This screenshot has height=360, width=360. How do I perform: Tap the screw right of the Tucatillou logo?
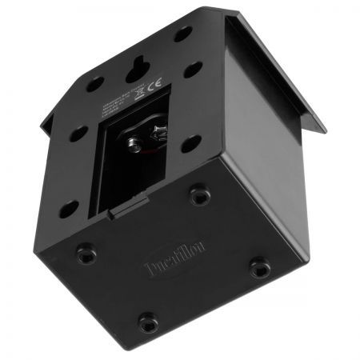point(258,266)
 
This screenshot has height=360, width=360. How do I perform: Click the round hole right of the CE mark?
point(192,70)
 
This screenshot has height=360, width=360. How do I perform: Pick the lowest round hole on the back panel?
point(68,209)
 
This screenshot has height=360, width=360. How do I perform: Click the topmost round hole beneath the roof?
point(183,34)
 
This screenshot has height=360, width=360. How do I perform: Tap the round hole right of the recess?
point(191,144)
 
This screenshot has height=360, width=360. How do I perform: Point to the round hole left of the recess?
point(77,134)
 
